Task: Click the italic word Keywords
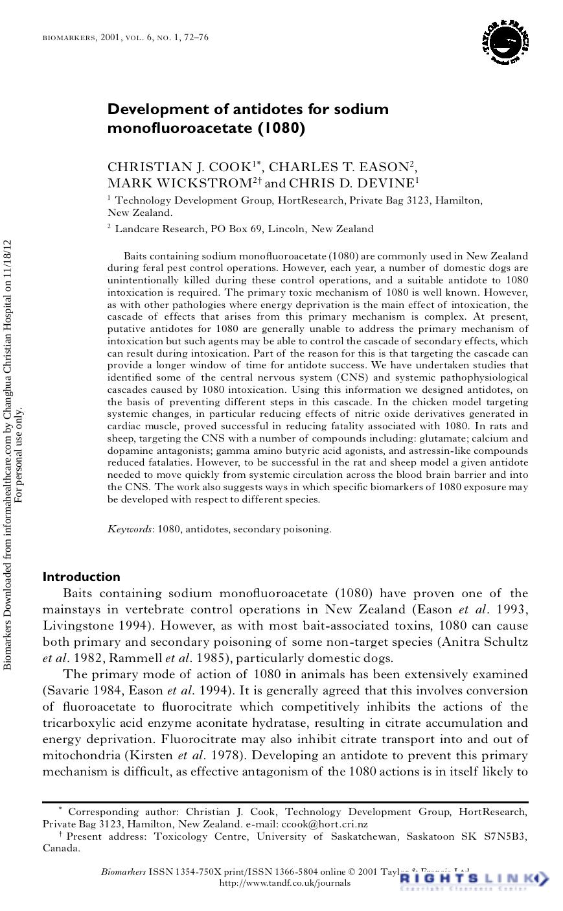pos(130,529)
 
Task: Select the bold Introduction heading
pos(82,576)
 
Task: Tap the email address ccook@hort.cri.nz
pos(323,824)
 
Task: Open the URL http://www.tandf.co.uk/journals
pos(285,882)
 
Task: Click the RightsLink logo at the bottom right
pos(474,879)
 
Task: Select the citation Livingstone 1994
pos(96,626)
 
